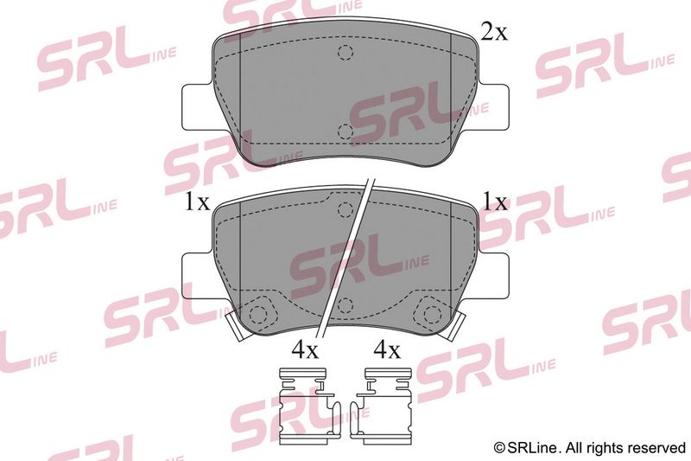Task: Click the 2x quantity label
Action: pyautogui.click(x=493, y=32)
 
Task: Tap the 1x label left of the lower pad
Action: pyautogui.click(x=197, y=202)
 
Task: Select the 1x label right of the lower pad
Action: pyautogui.click(x=495, y=202)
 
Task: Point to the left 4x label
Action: pyautogui.click(x=305, y=350)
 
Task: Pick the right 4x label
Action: pyautogui.click(x=387, y=350)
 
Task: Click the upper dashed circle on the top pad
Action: pyautogui.click(x=345, y=53)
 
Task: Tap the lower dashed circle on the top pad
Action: pyautogui.click(x=345, y=131)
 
